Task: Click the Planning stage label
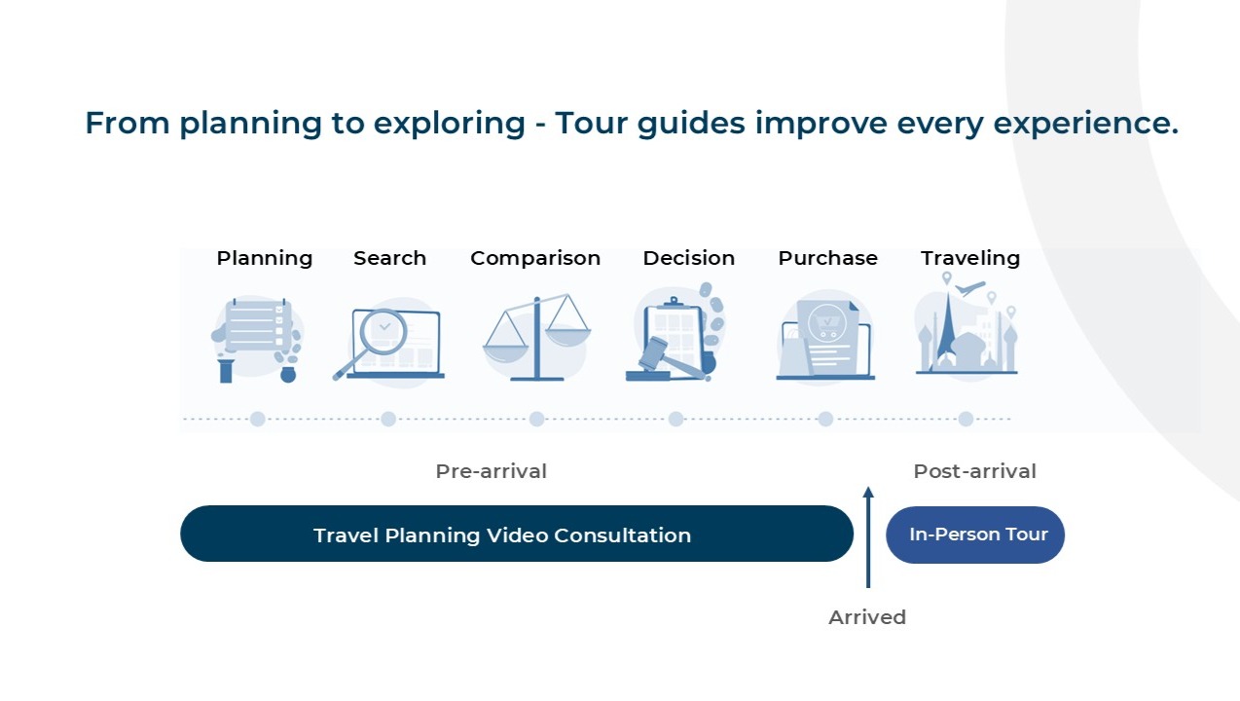(265, 259)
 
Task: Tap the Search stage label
(389, 258)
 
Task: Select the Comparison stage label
(535, 259)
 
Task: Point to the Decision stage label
(689, 258)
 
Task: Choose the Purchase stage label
(827, 258)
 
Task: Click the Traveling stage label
(969, 259)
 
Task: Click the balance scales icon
(536, 337)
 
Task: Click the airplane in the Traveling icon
(970, 288)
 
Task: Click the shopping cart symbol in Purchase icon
(826, 323)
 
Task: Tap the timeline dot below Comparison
(536, 420)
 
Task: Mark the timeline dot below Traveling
(966, 420)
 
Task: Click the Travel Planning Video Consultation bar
(517, 534)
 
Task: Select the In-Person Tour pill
(975, 535)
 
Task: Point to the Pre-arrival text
(491, 471)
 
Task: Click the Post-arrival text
(974, 471)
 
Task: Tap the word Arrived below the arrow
(867, 617)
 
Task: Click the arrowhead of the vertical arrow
(868, 492)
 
